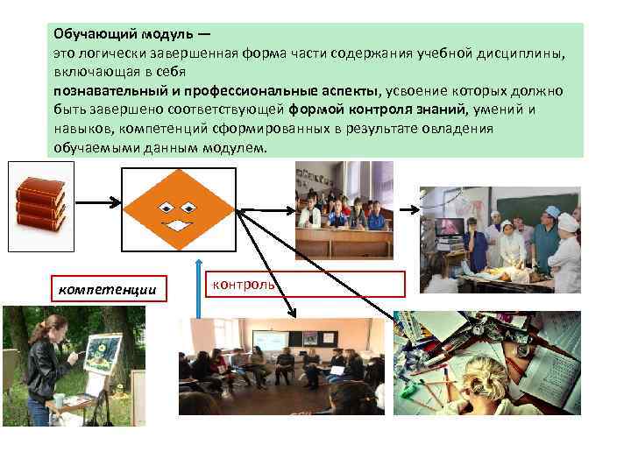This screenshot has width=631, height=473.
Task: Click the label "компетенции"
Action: [x=108, y=288]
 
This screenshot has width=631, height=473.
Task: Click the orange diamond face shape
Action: [x=178, y=208]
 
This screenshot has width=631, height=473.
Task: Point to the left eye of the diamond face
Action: [x=163, y=208]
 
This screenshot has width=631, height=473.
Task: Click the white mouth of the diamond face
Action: [x=179, y=226]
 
